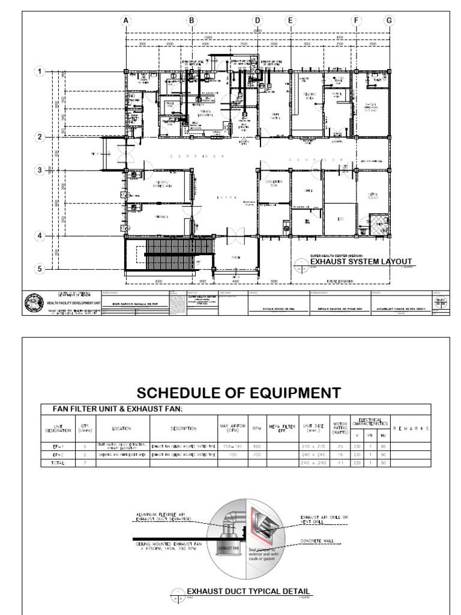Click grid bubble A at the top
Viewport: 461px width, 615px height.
[126, 20]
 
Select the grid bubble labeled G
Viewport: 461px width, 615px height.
[389, 20]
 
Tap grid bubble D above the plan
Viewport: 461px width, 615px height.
[258, 20]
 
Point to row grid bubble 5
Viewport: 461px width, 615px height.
[41, 269]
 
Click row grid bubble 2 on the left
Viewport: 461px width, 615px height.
[41, 137]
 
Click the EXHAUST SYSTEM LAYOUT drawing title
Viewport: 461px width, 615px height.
[361, 261]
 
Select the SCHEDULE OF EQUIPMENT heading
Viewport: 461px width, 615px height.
[230, 393]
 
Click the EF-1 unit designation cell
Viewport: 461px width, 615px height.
[50, 446]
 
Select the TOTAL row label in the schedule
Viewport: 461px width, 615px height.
[50, 463]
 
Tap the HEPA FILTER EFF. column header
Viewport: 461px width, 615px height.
[282, 428]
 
